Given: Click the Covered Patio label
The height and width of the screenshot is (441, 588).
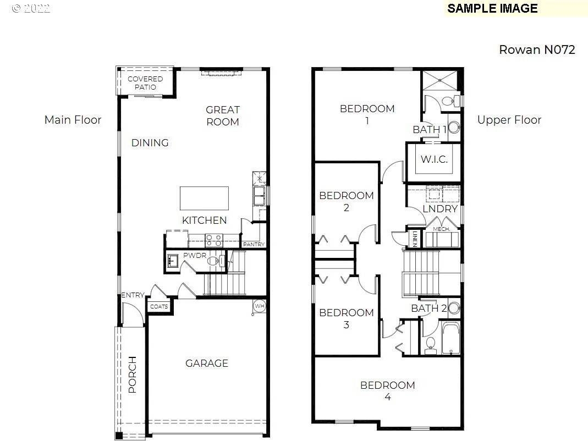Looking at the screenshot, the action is tap(145, 83).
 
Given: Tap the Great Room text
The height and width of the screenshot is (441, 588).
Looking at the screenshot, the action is tap(223, 115).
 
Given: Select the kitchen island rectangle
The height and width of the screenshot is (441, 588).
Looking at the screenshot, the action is tap(205, 199).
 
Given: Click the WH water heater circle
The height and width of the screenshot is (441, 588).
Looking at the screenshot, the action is tap(260, 306).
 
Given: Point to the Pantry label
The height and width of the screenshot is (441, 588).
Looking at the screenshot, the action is tap(254, 244).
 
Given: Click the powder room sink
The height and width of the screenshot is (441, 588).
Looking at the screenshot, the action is tap(173, 261).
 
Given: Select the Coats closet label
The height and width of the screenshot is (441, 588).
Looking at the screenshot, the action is tap(159, 306).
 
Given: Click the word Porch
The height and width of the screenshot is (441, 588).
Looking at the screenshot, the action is tap(133, 374).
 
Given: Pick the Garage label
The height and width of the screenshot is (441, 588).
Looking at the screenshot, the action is tap(207, 363).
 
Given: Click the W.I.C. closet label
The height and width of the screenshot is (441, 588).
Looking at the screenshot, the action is tap(434, 159).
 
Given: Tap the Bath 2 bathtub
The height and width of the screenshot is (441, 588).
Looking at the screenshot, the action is tap(450, 338).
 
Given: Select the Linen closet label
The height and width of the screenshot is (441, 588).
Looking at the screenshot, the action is tap(415, 239).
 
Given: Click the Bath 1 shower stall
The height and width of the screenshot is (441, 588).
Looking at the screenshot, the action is tap(440, 80).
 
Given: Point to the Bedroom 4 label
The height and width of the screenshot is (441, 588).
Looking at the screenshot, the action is tap(388, 391).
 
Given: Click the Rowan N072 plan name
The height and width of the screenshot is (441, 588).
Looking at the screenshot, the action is tap(537, 49).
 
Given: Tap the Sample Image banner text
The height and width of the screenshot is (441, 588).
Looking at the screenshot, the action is tap(492, 8).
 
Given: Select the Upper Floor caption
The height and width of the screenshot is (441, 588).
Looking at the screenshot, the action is tap(509, 120).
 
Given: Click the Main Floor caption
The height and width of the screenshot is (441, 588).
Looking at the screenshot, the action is tap(73, 120).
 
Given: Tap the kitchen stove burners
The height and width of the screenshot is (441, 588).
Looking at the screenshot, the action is tap(214, 240).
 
